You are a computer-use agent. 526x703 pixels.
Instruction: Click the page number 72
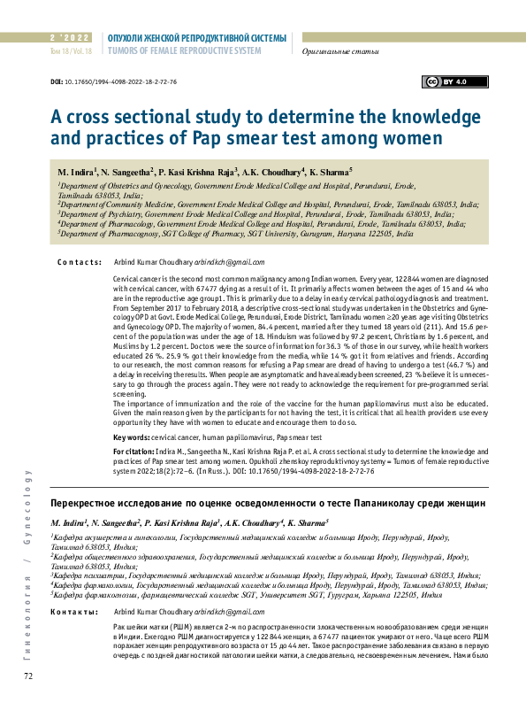coord(28,676)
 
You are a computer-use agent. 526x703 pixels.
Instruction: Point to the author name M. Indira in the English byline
coord(76,170)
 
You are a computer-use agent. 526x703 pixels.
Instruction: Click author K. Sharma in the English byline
coord(330,170)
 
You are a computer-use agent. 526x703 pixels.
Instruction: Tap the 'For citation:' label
coord(134,452)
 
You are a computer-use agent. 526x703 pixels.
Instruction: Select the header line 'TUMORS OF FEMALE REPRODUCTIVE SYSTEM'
coord(183,51)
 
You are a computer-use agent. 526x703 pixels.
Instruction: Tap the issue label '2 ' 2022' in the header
coord(71,38)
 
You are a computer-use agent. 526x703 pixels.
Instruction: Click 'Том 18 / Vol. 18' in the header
coord(71,51)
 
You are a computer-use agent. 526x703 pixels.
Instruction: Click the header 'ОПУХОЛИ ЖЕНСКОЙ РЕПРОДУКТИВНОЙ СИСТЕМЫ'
coord(196,38)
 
